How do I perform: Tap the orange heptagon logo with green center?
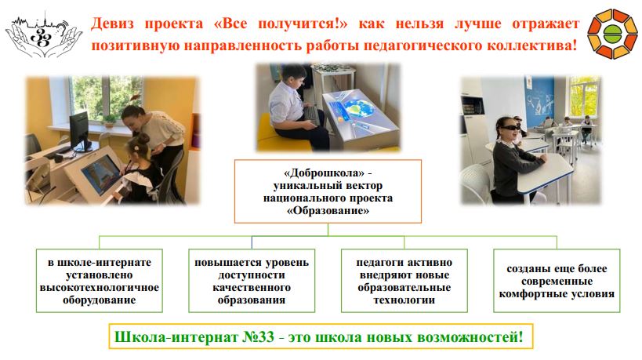pos(612,34)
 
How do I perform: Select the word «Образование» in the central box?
pos(328,211)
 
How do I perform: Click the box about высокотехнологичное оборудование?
pos(100,281)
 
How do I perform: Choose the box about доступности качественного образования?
pos(252,281)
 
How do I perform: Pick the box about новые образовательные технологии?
pos(404,281)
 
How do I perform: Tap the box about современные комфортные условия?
pos(557,281)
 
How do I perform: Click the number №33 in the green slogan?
pos(258,337)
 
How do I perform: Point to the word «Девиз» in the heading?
pos(112,24)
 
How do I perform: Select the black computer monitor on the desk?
pos(79,131)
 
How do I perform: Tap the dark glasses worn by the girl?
pos(509,128)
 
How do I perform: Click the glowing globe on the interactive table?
pos(358,107)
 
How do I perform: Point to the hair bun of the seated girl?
pos(143,140)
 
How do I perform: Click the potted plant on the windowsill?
pos(109,121)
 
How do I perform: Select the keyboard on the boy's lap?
pos(312,115)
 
